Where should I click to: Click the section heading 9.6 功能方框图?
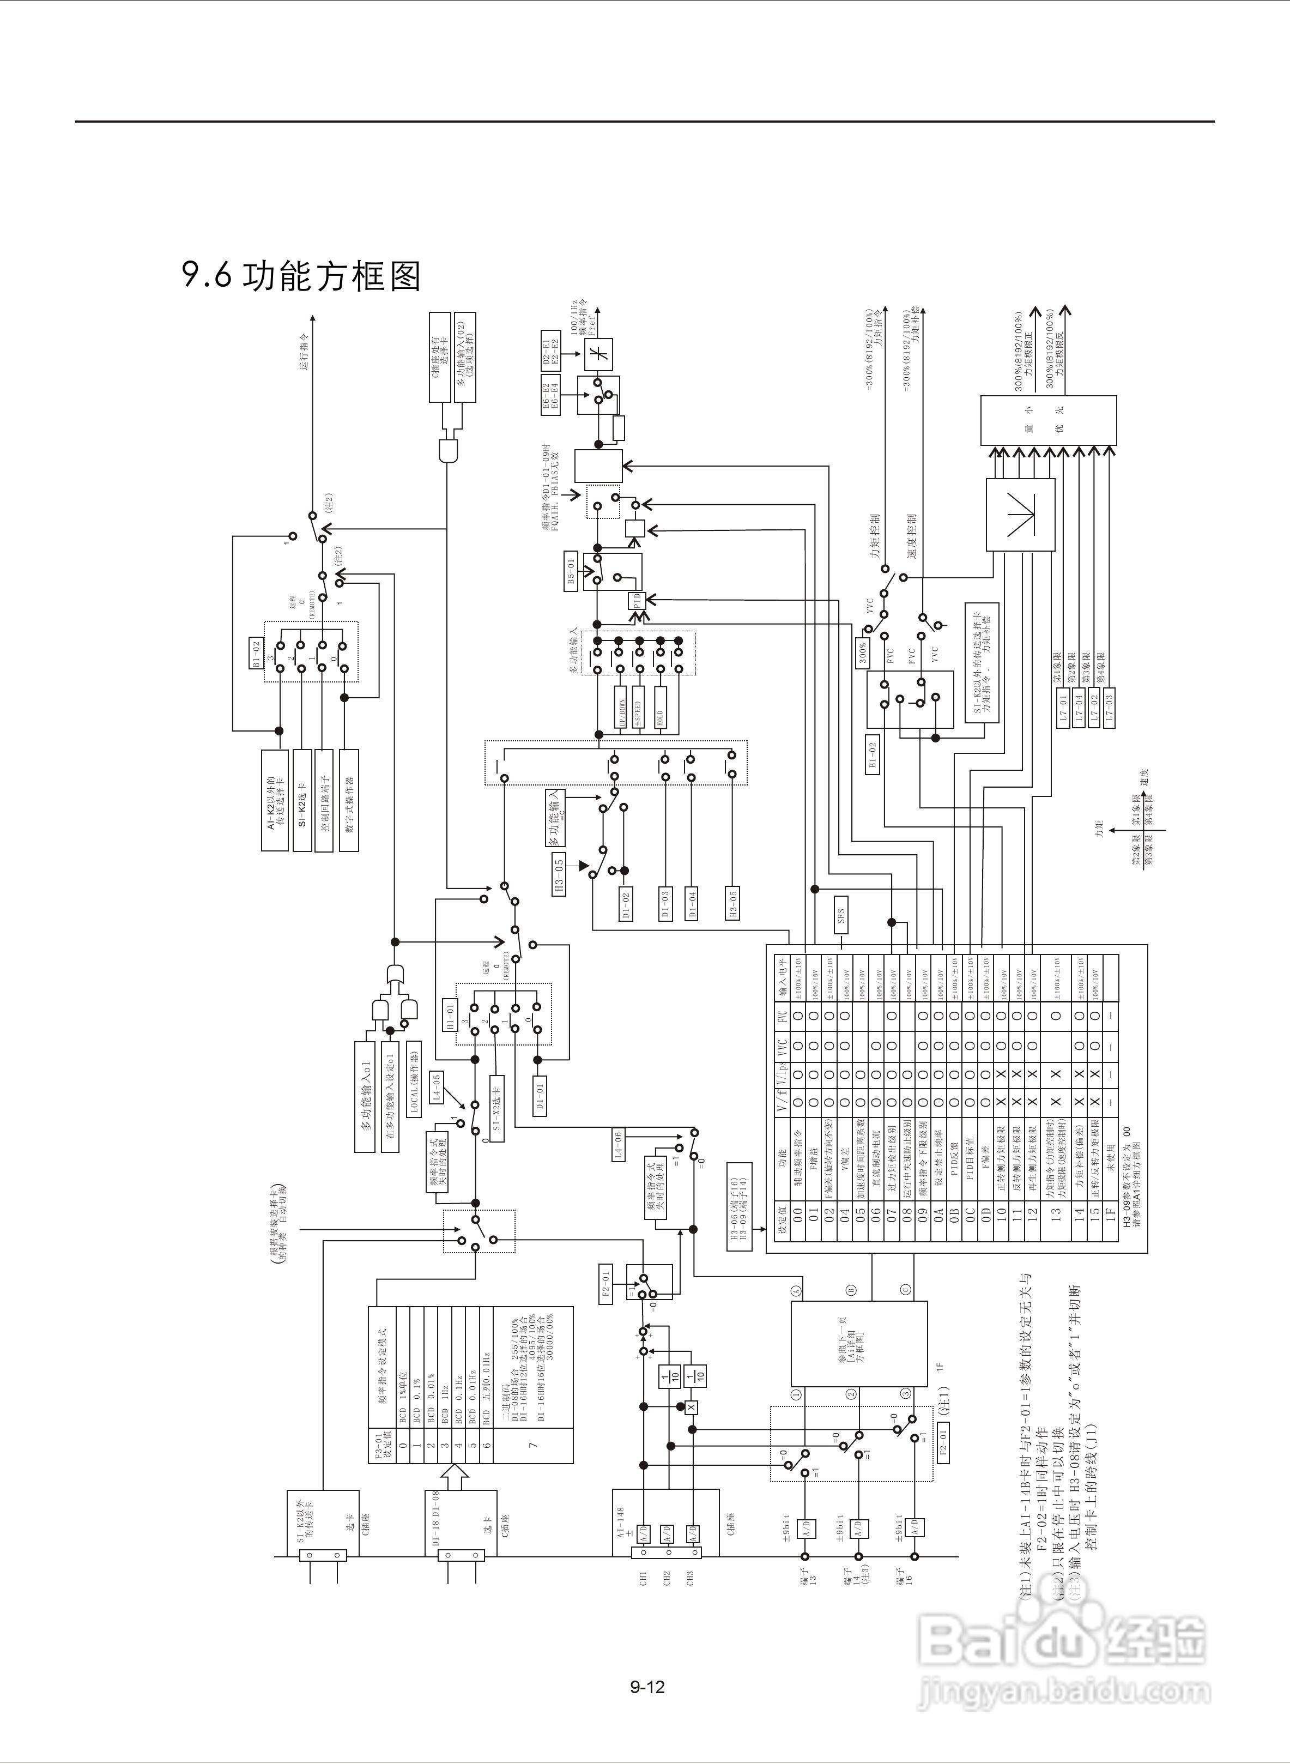[301, 276]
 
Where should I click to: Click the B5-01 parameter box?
[571, 571]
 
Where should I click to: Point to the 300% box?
[863, 650]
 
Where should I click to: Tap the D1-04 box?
[691, 903]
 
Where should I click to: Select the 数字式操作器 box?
[349, 800]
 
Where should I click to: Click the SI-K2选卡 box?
[302, 800]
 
